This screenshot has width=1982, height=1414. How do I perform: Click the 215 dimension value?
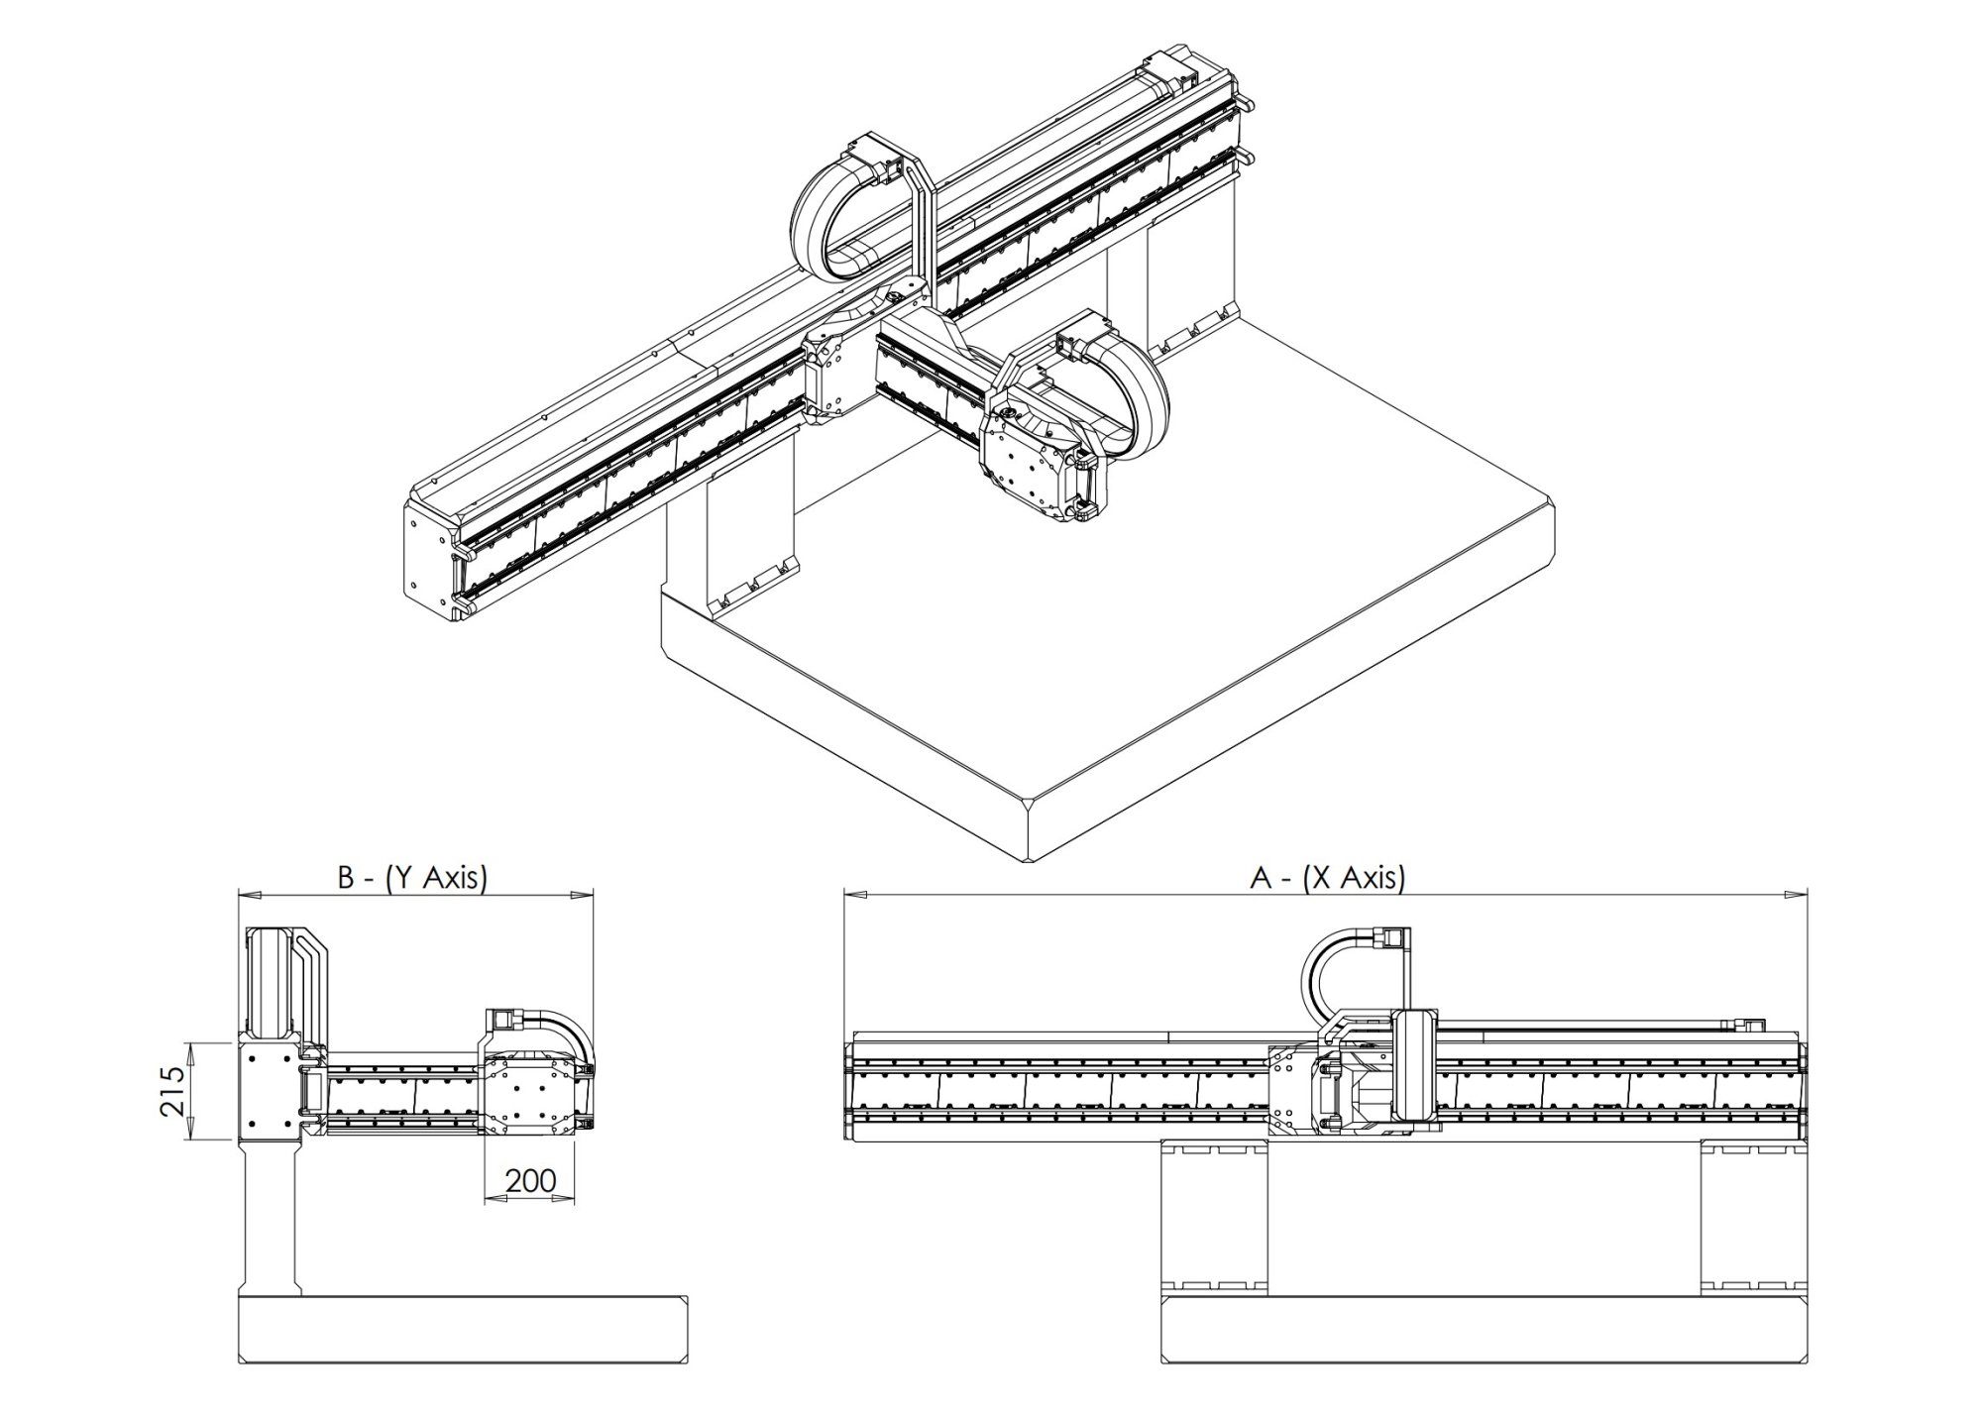point(174,1091)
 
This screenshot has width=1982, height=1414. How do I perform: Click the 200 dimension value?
point(530,1180)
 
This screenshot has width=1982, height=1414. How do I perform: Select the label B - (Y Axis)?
point(413,878)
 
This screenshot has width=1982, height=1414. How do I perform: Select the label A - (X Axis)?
point(1327,878)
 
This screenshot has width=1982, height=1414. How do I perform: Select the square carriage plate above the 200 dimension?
point(529,1095)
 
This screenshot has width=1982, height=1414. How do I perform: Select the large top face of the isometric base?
point(1140,595)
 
